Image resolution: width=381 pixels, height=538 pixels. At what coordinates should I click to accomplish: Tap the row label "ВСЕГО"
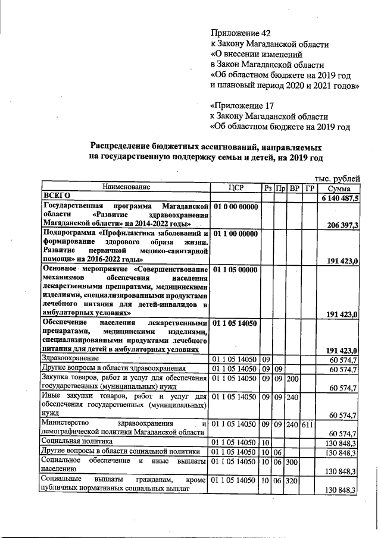57,196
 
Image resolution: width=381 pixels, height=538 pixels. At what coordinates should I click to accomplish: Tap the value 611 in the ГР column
308,424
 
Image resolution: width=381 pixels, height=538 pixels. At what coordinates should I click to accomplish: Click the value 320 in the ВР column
293,479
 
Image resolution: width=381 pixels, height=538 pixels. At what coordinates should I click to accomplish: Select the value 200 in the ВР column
293,378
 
